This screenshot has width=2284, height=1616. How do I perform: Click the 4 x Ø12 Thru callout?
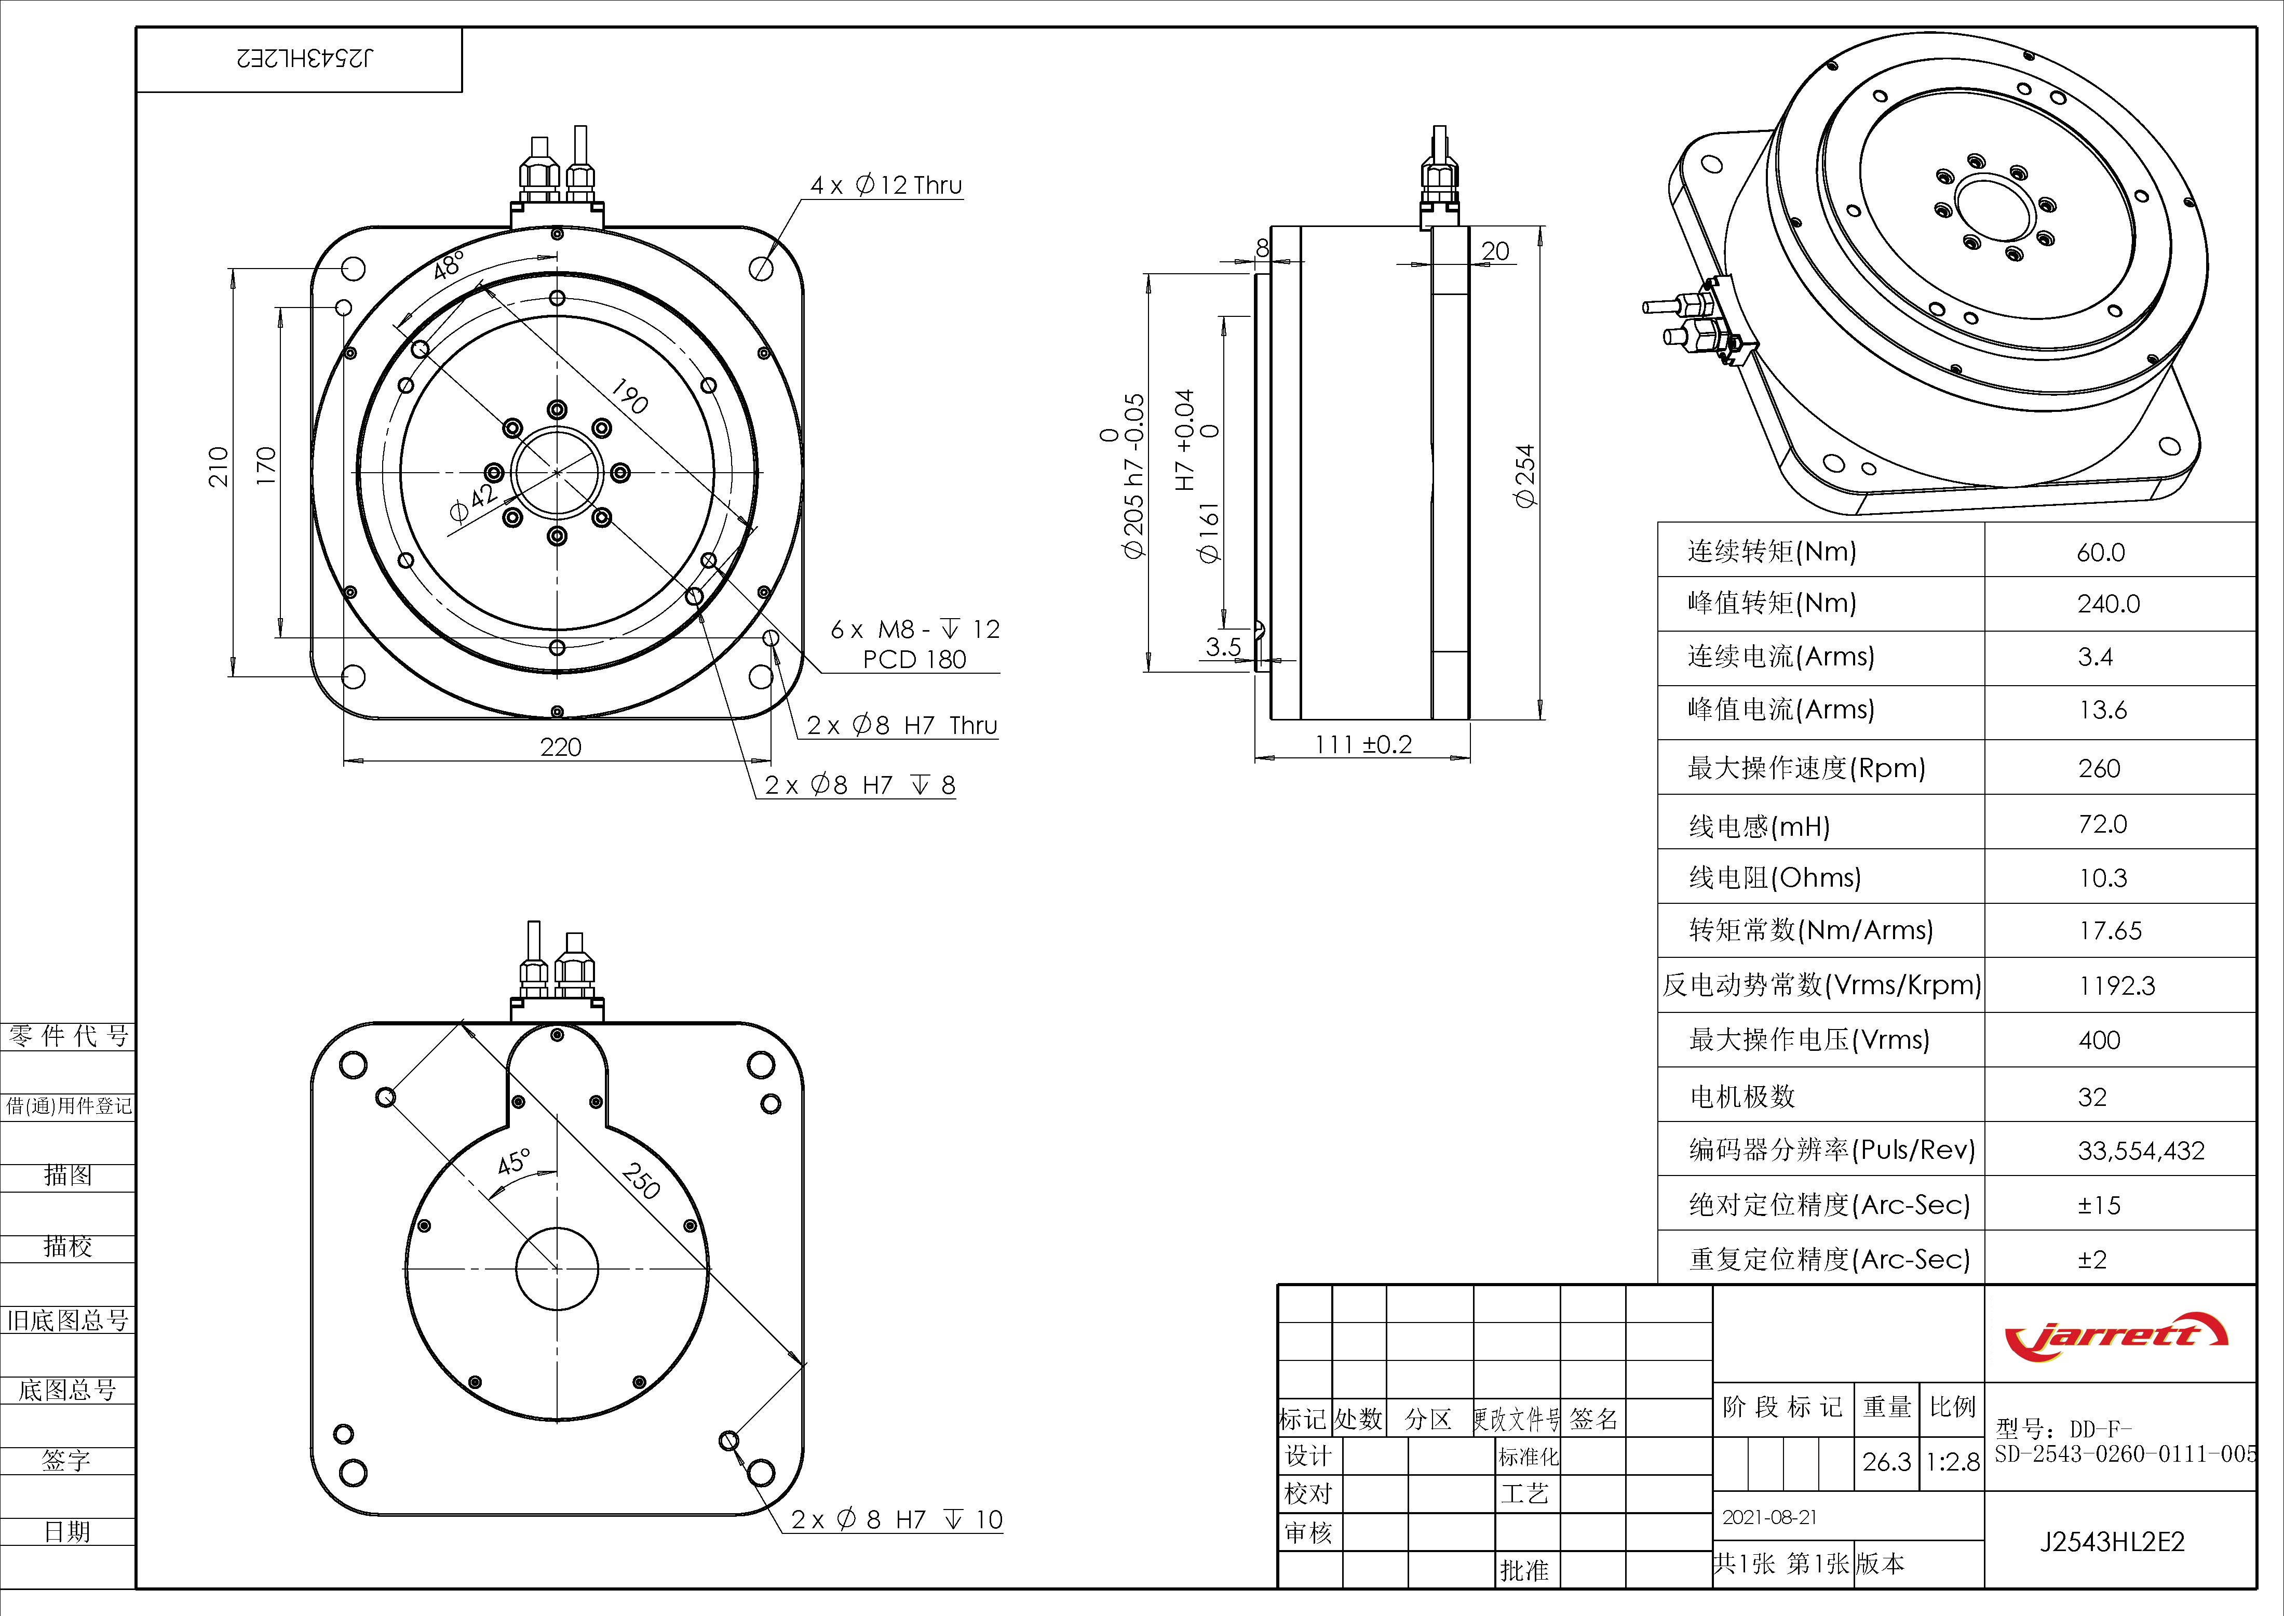[x=885, y=185]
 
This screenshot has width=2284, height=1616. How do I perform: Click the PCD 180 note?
[x=914, y=660]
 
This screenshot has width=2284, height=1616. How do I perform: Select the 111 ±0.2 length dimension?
[x=1363, y=744]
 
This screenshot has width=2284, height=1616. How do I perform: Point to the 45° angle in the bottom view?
[x=515, y=1161]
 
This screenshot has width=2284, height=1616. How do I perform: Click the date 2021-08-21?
[x=1769, y=1517]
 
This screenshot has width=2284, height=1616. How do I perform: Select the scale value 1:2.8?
[x=1953, y=1462]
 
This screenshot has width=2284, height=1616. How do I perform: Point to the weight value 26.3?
[x=1886, y=1462]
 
